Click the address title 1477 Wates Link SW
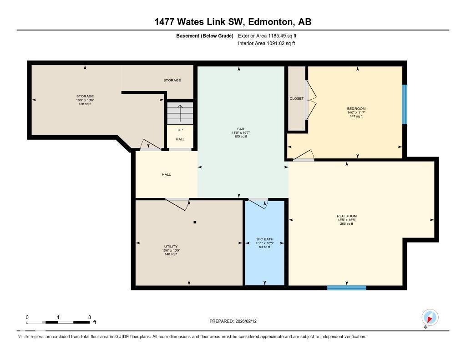click(x=233, y=22)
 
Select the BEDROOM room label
click(x=356, y=109)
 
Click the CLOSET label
click(x=296, y=98)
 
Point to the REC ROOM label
click(x=347, y=216)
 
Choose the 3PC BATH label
click(x=264, y=239)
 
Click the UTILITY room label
click(x=171, y=246)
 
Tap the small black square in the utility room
click(x=195, y=222)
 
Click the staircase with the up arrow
click(x=180, y=113)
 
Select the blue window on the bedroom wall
click(x=404, y=104)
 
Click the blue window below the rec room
click(x=347, y=288)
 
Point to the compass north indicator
click(x=430, y=318)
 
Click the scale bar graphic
click(x=58, y=322)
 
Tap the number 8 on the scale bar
click(x=90, y=317)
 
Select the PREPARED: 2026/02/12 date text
click(x=236, y=321)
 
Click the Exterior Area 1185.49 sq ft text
click(x=268, y=35)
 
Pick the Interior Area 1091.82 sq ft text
click(x=267, y=44)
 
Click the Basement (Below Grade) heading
click(x=205, y=35)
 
